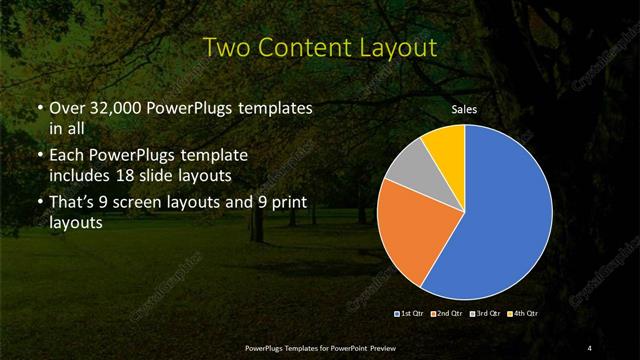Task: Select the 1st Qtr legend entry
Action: coord(409,314)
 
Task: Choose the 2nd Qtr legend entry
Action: coord(446,314)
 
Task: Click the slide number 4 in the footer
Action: coord(590,347)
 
